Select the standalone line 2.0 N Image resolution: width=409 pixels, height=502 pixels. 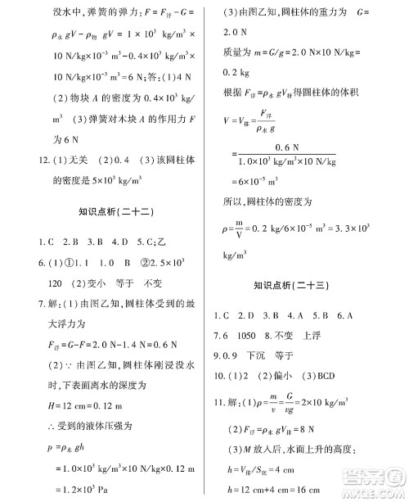pyautogui.click(x=238, y=33)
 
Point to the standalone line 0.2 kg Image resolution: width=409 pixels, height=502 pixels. pyautogui.click(x=237, y=72)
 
